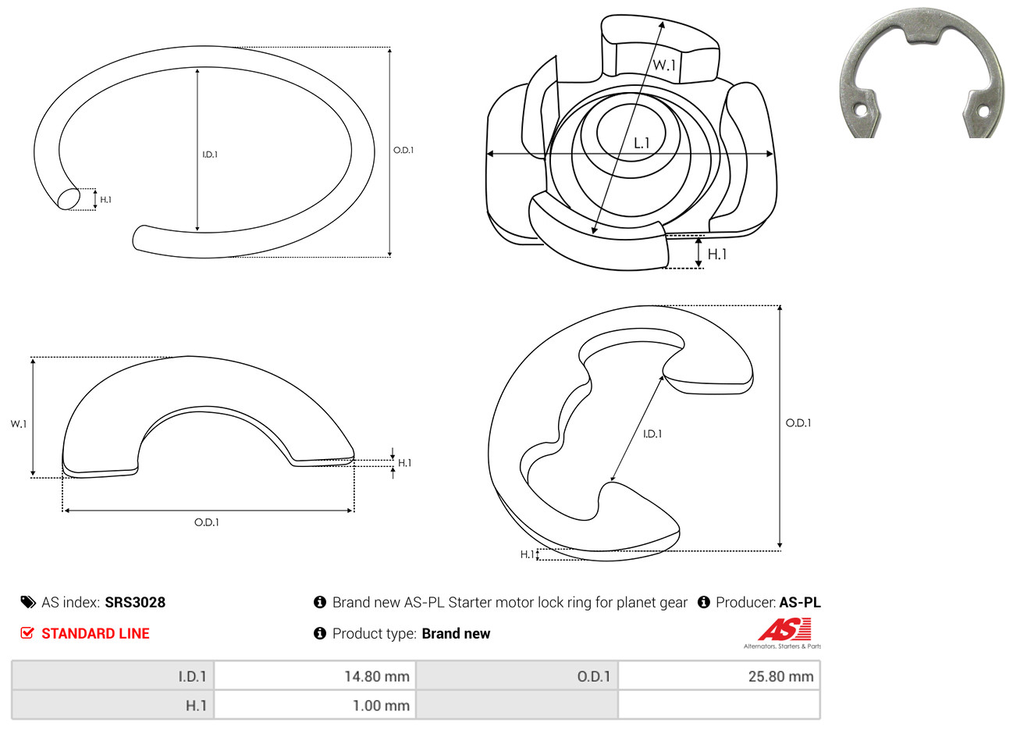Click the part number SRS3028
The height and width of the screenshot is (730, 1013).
pos(135,603)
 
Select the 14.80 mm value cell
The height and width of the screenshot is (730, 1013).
pos(315,676)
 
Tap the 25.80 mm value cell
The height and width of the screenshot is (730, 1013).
pos(719,676)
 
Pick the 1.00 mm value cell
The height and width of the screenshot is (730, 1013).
pos(315,705)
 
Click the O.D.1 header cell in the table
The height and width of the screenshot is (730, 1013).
pos(517,676)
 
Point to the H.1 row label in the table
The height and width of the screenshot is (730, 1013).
pos(113,705)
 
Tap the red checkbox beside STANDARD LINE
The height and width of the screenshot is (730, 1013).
pos(27,632)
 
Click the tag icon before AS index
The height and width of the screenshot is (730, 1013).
pos(28,603)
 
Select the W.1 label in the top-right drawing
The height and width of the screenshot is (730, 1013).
pos(664,65)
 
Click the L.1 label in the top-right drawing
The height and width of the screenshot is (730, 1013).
pos(642,144)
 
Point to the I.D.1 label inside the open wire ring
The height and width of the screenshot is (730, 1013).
pos(210,155)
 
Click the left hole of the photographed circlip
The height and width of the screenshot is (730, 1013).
pos(861,110)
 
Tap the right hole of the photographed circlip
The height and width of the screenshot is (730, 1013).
pos(983,110)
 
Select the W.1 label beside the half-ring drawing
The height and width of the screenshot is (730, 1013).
pos(19,424)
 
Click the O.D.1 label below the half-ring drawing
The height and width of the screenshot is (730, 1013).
pos(207,522)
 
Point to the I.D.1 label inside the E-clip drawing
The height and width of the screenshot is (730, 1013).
pos(652,434)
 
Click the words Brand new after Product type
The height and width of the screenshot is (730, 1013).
pos(456,634)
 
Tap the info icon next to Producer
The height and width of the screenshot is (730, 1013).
pos(704,602)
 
